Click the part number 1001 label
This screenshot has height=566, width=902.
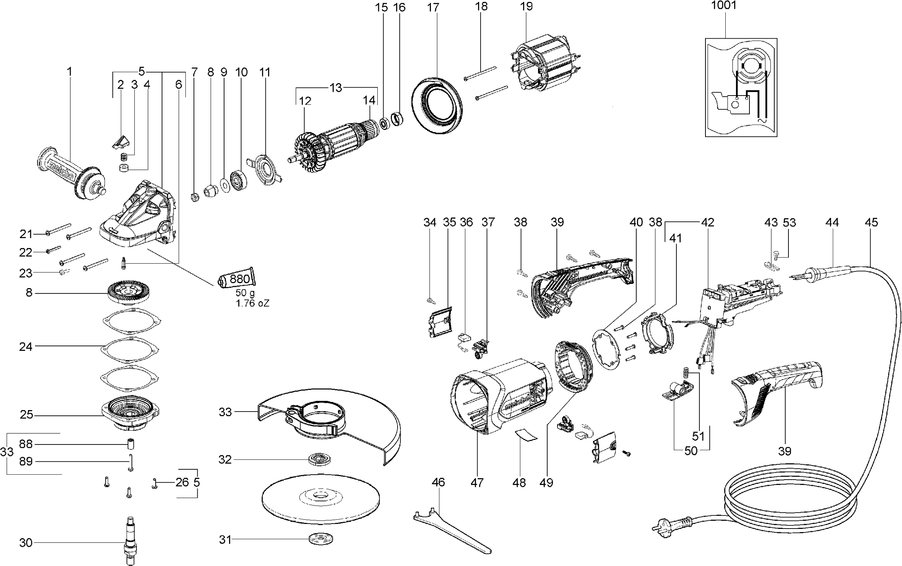tap(723, 5)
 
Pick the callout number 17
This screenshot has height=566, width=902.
tap(433, 7)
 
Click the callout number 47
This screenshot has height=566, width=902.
tap(477, 483)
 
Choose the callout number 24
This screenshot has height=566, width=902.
tap(26, 347)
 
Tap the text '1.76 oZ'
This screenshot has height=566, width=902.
tap(253, 303)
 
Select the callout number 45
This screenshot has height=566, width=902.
tap(871, 222)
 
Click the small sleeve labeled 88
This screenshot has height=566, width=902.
tap(131, 444)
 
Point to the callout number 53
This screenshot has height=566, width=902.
tap(789, 222)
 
